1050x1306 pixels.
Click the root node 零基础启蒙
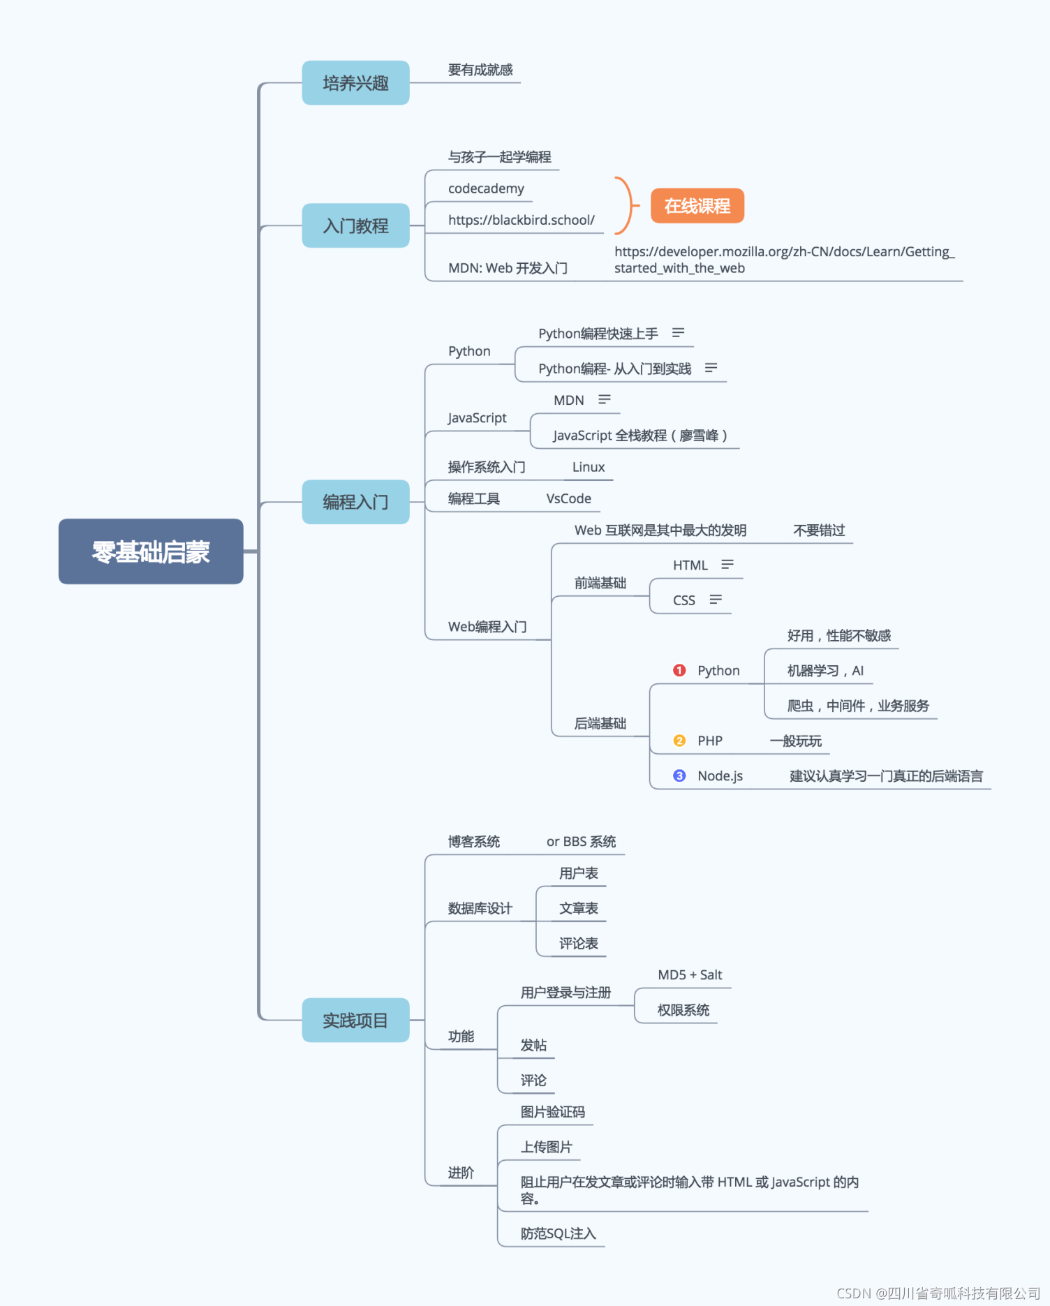[151, 551]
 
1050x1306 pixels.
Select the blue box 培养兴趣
[355, 83]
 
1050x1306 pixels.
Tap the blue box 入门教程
[355, 225]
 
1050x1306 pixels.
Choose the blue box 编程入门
[355, 502]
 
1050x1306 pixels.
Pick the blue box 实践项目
[355, 1021]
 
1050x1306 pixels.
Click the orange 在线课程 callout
[697, 206]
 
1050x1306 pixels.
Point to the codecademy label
[486, 188]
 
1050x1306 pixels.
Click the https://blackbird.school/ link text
[521, 220]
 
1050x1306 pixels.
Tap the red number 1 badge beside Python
[679, 670]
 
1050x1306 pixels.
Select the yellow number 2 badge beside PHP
[679, 741]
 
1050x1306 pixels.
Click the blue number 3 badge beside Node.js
[679, 776]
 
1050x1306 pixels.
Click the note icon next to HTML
[727, 564]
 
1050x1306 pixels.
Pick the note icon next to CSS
[716, 600]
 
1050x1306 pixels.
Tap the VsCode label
[568, 498]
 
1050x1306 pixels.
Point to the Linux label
[588, 467]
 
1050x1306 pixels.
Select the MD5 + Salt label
[690, 975]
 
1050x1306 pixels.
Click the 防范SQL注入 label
[558, 1233]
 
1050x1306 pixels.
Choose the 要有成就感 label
[480, 70]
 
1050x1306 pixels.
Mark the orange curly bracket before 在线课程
[625, 205]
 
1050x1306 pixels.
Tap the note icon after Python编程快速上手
[678, 333]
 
